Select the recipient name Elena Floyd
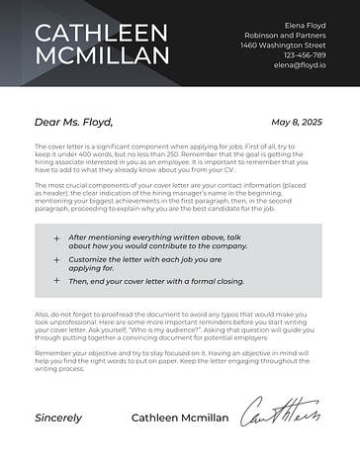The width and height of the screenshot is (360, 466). pos(305,24)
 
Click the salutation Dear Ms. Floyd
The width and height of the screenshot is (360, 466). pos(74,123)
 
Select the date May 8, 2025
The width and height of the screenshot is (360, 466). pos(297,122)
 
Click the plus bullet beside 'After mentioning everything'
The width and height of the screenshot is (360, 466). pos(56,237)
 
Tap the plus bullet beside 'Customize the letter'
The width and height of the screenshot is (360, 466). pos(56,259)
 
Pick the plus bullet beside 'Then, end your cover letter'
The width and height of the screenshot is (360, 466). pos(56,281)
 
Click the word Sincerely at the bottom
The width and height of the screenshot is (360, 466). pos(58,418)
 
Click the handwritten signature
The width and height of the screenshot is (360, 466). pos(281,414)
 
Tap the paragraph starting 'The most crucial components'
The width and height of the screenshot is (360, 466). pos(179,197)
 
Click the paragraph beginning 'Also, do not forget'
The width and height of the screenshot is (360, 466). pos(179,326)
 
